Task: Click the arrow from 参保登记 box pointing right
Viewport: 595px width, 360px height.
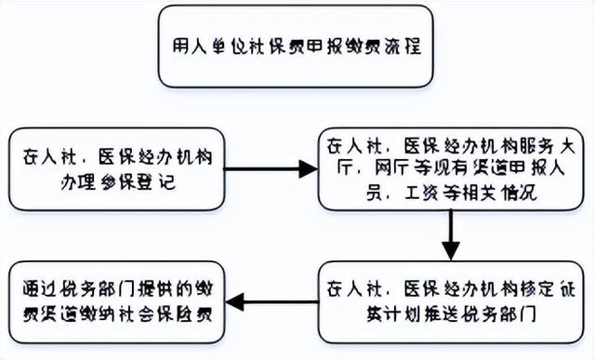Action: coord(271,170)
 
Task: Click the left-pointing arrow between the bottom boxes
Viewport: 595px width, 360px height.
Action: coord(274,301)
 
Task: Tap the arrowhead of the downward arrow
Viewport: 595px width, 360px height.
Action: coord(450,251)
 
